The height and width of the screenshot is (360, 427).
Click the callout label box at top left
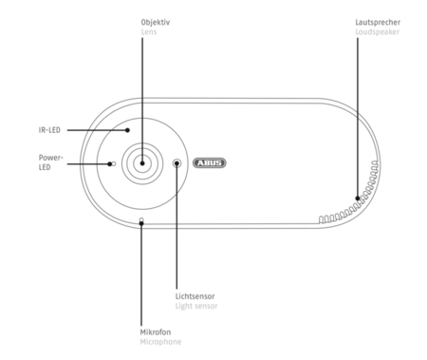(x=155, y=25)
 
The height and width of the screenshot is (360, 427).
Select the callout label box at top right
(x=376, y=27)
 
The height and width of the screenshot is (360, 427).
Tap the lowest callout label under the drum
(x=158, y=338)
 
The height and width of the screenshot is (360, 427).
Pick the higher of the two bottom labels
(x=197, y=299)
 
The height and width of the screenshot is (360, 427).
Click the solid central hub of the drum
(x=141, y=162)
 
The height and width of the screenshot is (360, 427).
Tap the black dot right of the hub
(x=176, y=163)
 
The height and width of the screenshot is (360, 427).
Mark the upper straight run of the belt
(x=247, y=98)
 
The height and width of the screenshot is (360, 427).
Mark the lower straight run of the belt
(x=247, y=228)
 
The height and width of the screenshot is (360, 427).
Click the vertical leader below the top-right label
(x=357, y=66)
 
